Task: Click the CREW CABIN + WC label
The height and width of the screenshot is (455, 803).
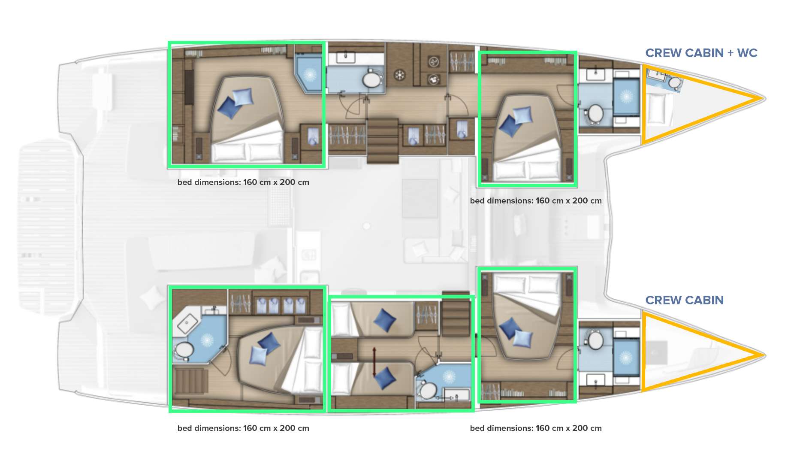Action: pos(701,53)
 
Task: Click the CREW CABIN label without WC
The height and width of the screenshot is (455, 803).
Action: pos(684,300)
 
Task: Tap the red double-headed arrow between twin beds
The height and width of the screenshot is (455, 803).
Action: pos(374,362)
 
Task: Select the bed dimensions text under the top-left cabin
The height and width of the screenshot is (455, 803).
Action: pos(243,182)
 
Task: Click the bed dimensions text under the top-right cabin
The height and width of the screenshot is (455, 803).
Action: pos(535,201)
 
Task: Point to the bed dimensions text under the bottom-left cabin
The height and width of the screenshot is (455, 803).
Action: pos(243,428)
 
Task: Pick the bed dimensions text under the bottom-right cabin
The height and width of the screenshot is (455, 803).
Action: pos(535,428)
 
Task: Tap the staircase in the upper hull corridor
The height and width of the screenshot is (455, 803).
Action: pos(383,141)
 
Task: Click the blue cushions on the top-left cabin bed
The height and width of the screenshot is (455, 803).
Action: pos(235,103)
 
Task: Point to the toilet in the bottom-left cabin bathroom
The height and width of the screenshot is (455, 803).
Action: pos(184,350)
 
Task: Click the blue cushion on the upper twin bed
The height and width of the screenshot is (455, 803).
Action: pos(384,320)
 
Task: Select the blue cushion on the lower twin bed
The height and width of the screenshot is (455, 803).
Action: pos(384,378)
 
